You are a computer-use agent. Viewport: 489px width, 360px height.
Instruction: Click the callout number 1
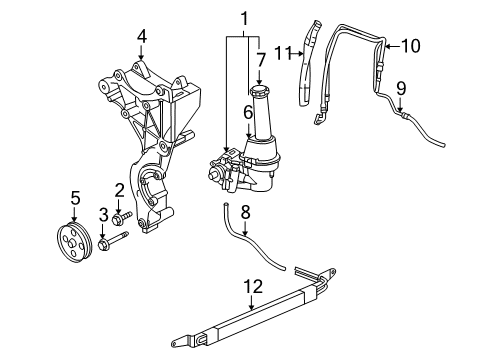click(x=241, y=18)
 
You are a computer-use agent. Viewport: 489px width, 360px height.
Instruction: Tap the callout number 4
click(x=142, y=36)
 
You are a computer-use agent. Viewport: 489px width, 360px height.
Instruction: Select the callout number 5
click(x=74, y=196)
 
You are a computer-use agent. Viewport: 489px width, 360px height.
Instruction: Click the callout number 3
click(x=102, y=213)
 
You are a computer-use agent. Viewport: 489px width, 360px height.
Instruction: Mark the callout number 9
click(x=400, y=88)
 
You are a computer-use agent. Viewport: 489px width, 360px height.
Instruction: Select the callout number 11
click(x=283, y=52)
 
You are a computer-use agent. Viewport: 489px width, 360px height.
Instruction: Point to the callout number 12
click(x=250, y=289)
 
